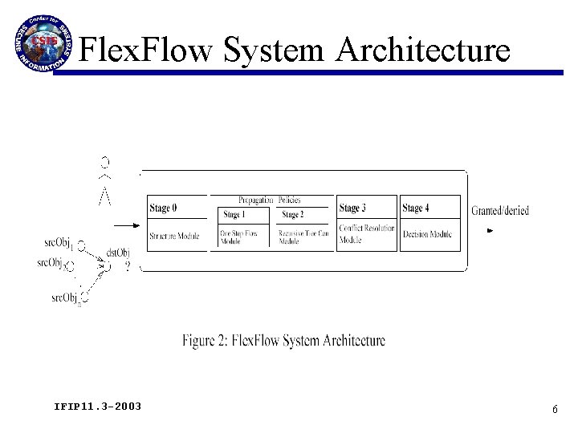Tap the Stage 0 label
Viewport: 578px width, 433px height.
(x=163, y=208)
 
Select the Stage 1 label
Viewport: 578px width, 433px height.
(x=234, y=215)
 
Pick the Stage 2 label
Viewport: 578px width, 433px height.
(x=291, y=215)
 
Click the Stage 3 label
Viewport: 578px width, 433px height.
(x=352, y=208)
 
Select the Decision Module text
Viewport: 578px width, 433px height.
(x=428, y=235)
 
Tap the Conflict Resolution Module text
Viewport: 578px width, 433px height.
(x=366, y=233)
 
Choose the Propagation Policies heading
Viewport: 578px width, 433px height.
(x=270, y=200)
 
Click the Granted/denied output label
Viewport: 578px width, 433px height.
(x=499, y=211)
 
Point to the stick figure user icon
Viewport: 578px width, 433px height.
(x=104, y=180)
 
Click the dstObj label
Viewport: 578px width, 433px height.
(x=118, y=253)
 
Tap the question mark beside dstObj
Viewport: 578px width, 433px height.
(x=128, y=269)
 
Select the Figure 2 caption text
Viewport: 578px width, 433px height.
(x=283, y=341)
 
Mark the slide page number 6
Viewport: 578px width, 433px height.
(x=554, y=409)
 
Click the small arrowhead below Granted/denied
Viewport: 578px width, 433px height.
(x=490, y=231)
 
